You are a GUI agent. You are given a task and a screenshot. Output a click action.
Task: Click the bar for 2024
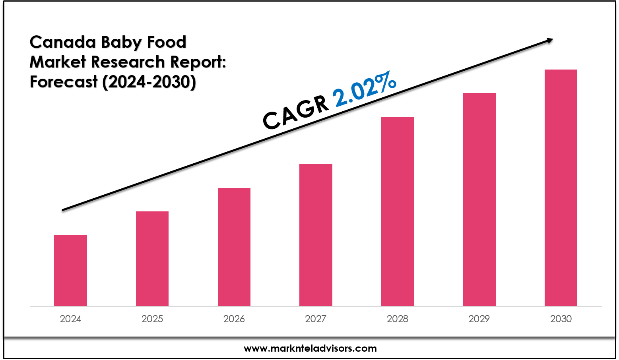(x=70, y=271)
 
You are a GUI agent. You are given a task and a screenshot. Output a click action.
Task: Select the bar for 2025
(x=152, y=259)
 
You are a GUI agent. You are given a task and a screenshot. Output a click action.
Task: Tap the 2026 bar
(x=234, y=247)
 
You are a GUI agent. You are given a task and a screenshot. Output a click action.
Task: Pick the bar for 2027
(x=316, y=235)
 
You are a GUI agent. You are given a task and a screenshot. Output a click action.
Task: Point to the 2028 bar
(x=398, y=211)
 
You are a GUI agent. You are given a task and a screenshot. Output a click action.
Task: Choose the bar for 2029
(x=479, y=199)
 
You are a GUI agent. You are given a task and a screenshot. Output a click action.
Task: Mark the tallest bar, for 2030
(x=561, y=188)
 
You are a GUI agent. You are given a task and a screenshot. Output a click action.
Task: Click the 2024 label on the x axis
(x=70, y=319)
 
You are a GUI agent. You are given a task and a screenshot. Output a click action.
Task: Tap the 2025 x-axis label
(x=152, y=319)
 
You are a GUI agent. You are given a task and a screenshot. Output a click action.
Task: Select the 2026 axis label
(x=234, y=319)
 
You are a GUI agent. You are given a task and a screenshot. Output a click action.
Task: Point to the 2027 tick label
(x=316, y=319)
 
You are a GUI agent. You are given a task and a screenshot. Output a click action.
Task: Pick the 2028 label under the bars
(x=398, y=319)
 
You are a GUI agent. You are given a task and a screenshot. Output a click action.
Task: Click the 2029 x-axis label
(x=479, y=319)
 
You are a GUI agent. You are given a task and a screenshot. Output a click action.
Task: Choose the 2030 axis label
(x=561, y=319)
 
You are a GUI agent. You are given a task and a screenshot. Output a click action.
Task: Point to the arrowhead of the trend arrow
(x=550, y=40)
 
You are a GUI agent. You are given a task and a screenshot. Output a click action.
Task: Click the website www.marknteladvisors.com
(x=310, y=348)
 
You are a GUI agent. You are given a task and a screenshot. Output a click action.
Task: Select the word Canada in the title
(x=63, y=42)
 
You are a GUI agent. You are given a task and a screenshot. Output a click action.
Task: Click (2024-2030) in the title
(x=149, y=82)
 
